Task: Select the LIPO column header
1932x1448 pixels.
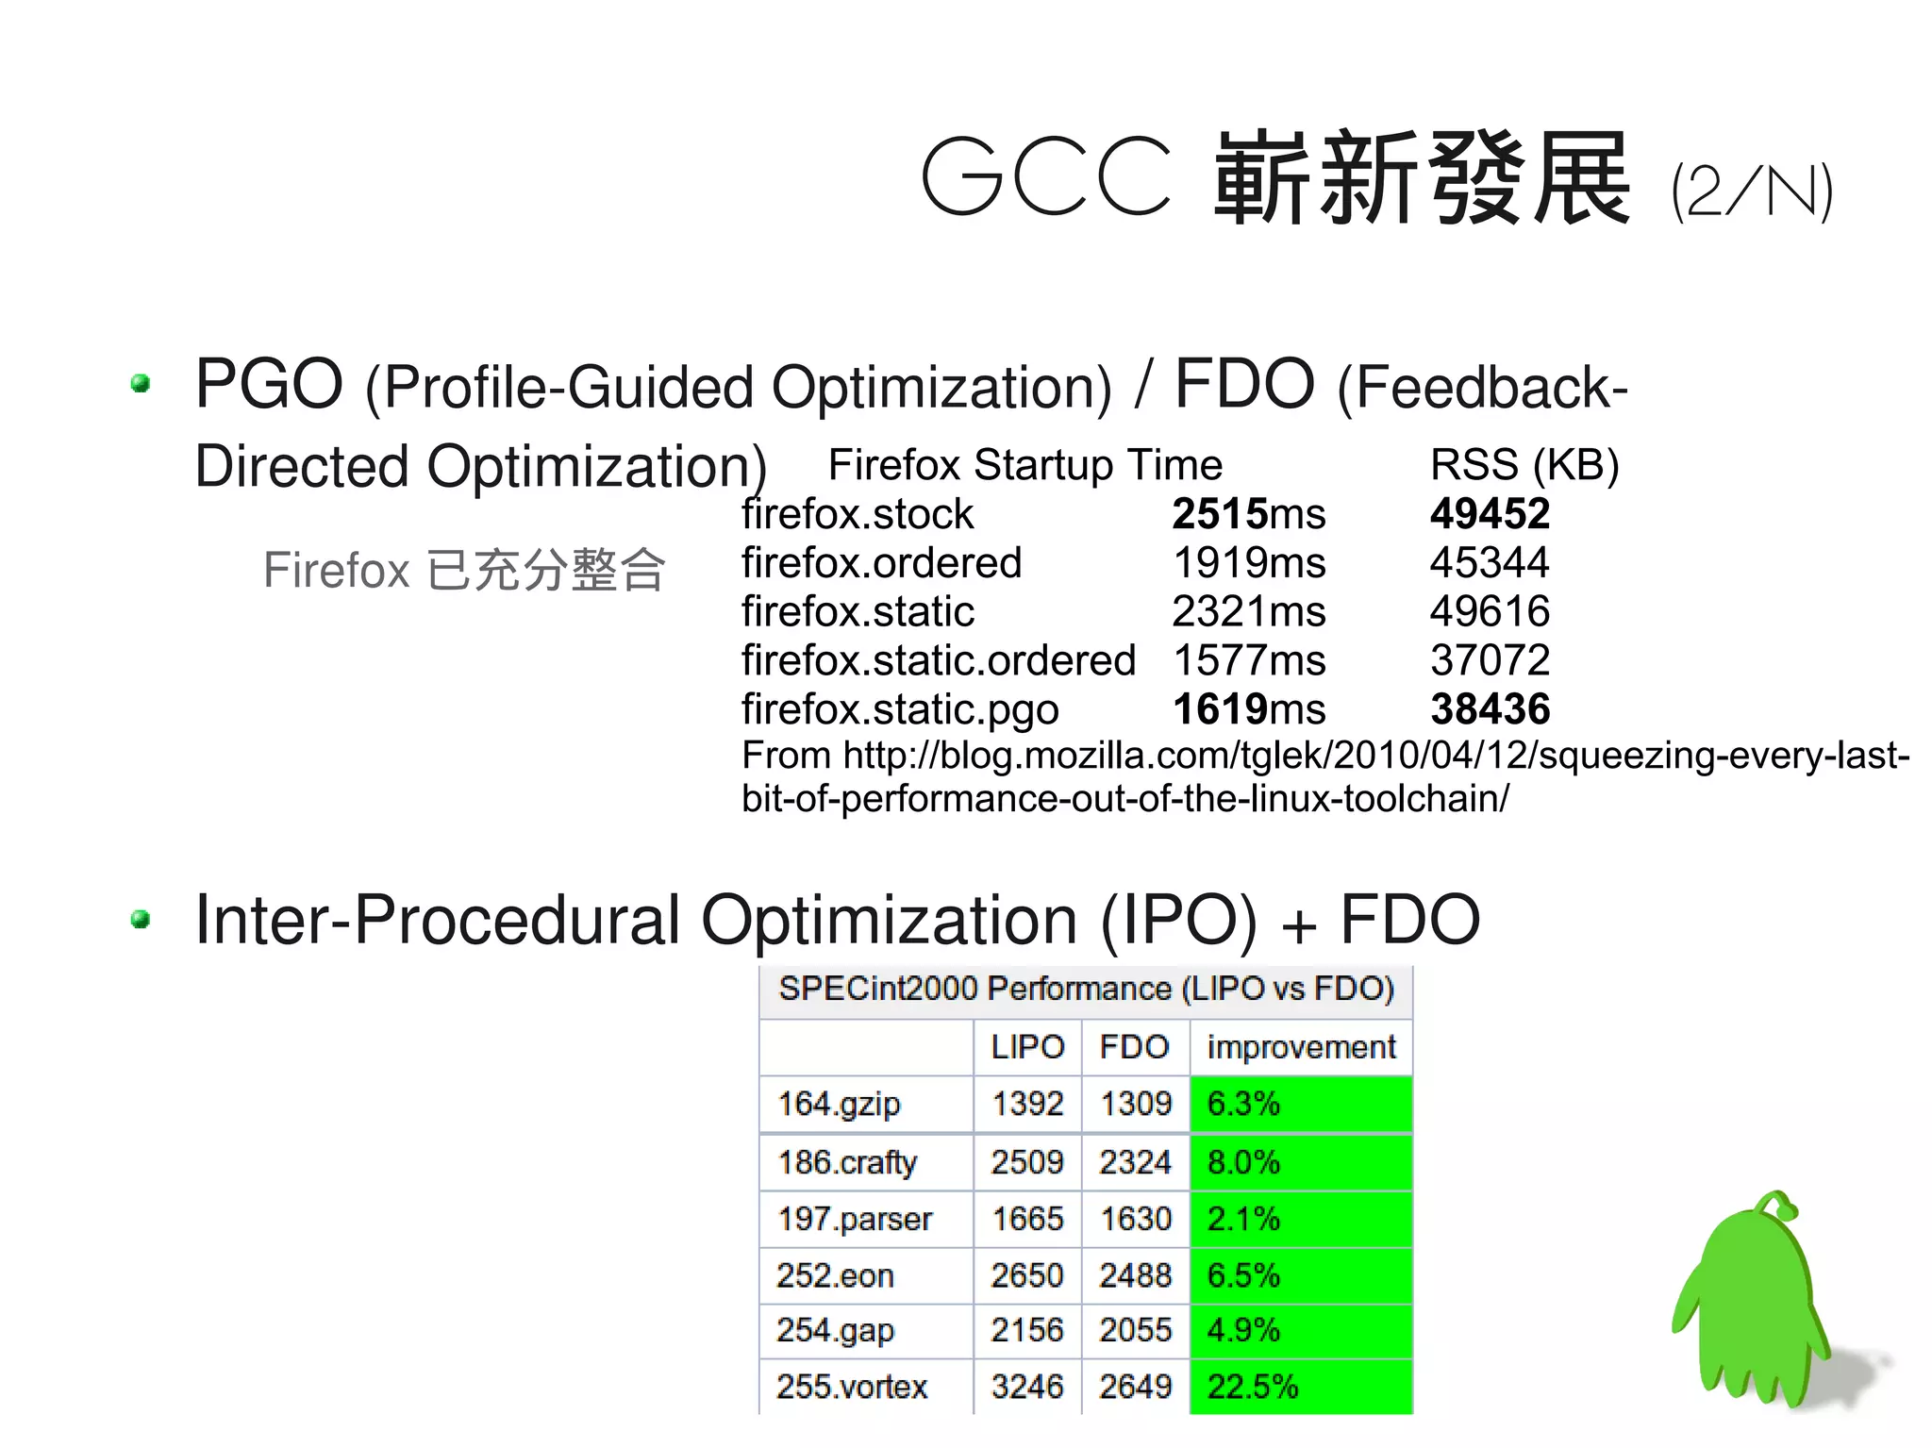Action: click(x=1027, y=1047)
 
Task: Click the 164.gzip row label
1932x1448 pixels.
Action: click(x=839, y=1104)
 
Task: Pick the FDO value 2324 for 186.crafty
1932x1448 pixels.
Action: click(x=1135, y=1162)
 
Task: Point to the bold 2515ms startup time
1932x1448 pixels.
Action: click(x=1248, y=514)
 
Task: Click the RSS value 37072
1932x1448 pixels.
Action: click(x=1490, y=660)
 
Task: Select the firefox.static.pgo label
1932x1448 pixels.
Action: click(x=900, y=709)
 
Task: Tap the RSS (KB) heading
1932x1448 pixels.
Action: click(x=1524, y=465)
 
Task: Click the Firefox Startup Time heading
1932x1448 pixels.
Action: click(x=1024, y=465)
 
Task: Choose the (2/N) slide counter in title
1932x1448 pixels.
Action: click(x=1751, y=191)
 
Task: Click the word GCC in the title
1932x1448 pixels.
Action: click(x=1045, y=177)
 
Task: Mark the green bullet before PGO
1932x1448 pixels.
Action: click(x=142, y=383)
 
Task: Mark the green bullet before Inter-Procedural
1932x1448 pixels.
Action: click(x=142, y=919)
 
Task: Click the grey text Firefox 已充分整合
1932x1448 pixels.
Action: click(x=464, y=570)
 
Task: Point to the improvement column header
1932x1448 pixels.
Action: click(x=1301, y=1047)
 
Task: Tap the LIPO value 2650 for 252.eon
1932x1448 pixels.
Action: click(x=1026, y=1275)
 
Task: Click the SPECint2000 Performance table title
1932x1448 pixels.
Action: click(x=1086, y=989)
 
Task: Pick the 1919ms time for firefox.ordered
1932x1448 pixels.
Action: click(x=1248, y=563)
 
